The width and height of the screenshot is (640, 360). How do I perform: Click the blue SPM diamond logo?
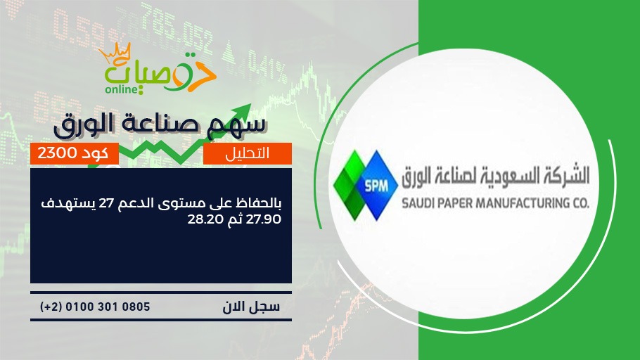(x=376, y=186)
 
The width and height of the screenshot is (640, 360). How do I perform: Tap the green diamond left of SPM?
(x=350, y=186)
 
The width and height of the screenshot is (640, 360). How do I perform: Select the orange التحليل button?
(x=248, y=153)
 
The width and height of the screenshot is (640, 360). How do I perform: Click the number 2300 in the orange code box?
(x=57, y=153)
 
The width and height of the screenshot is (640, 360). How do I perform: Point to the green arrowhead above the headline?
(x=243, y=111)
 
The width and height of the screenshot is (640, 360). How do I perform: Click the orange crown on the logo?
(x=115, y=52)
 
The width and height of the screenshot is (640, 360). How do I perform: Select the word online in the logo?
(x=122, y=89)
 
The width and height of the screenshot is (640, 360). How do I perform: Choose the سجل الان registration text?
(x=251, y=307)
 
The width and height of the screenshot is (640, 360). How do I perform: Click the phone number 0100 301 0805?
(x=108, y=307)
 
